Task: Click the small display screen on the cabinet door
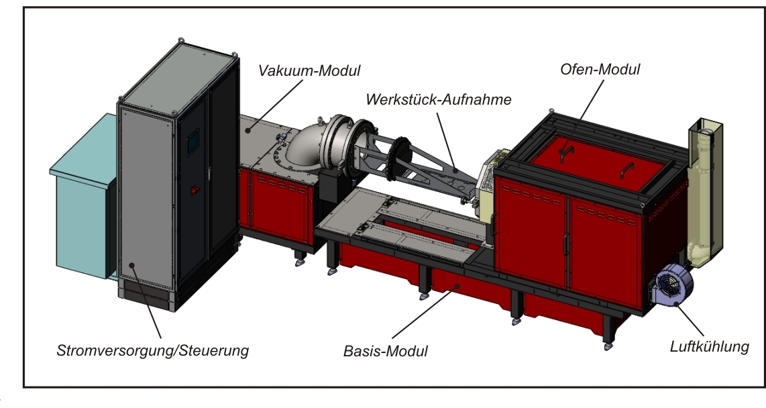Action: pyautogui.click(x=193, y=142)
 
